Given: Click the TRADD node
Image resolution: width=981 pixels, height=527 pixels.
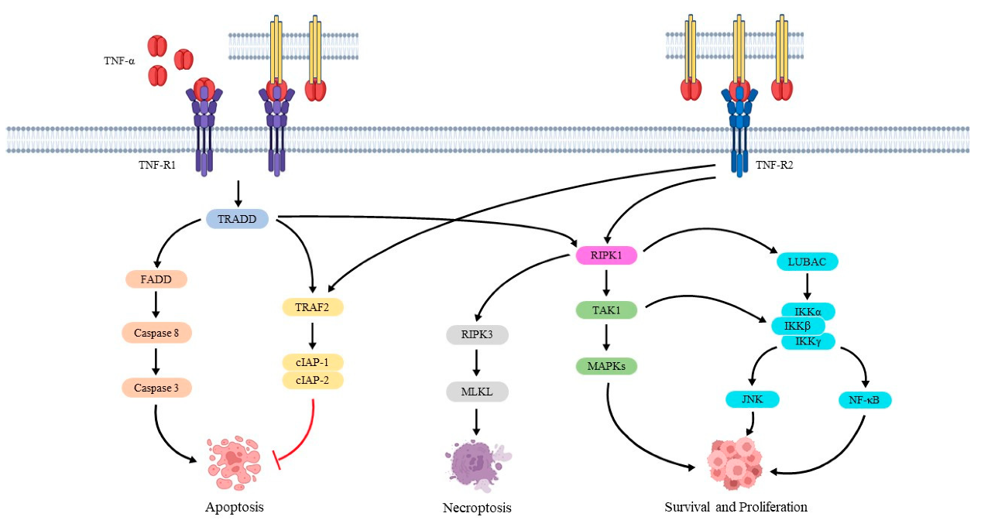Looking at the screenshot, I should pos(237,219).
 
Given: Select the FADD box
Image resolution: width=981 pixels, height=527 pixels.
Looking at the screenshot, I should pos(156,279).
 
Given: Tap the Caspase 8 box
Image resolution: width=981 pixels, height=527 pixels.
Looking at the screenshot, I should pos(156,333).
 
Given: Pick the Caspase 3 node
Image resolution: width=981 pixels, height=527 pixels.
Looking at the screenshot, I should pos(156,387).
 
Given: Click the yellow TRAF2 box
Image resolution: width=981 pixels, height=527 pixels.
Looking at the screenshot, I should pos(312,307).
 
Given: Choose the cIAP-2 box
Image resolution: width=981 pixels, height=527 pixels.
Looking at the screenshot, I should pos(312,380).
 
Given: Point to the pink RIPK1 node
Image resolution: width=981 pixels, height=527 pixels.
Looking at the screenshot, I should pos(606,255).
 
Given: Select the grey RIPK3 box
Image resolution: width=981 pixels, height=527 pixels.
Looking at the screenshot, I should pos(476,335).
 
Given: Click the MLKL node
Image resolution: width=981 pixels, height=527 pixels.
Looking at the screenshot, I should pos(476,392).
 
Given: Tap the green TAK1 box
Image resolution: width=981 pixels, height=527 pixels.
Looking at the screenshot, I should pos(606,310).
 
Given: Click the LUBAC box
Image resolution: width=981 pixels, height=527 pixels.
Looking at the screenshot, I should pos(807,262).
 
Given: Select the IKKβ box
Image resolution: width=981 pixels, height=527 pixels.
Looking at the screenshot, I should pos(797,326).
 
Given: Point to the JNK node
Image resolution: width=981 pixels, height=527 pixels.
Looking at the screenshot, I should pos(752,400).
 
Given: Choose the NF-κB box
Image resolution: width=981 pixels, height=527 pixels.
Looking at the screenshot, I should pos(865,400).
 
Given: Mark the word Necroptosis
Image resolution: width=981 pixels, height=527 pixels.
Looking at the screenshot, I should pos(477,508).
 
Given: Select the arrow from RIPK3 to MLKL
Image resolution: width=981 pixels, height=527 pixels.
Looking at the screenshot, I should pos(476,363).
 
